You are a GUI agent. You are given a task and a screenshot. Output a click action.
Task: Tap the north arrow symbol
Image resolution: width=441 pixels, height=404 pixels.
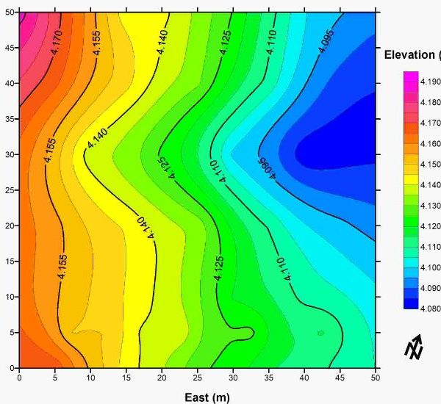414,346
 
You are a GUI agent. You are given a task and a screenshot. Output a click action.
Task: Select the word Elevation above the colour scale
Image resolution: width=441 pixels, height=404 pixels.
411,55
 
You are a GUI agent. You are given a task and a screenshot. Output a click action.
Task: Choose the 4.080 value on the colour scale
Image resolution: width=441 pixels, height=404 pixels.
430,309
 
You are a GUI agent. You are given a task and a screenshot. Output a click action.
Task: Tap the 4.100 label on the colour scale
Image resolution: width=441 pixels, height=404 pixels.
430,267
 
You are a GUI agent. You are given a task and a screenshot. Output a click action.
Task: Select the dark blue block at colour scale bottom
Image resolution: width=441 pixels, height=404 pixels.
410,303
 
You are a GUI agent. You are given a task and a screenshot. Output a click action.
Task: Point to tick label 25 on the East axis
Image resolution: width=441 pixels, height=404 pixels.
198,378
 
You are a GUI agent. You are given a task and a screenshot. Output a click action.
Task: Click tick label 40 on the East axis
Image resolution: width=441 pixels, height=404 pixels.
304,378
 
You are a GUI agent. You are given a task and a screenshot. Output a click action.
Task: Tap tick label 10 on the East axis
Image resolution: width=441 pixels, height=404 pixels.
90,378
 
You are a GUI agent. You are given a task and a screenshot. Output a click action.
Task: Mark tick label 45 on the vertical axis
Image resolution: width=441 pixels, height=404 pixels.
10,48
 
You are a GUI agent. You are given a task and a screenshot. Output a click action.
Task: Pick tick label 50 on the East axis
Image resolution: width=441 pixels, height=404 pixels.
376,378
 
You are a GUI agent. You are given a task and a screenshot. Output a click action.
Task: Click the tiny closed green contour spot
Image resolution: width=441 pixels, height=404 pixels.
320,333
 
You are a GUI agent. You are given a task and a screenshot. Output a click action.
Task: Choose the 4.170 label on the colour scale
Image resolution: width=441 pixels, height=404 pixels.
430,123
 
